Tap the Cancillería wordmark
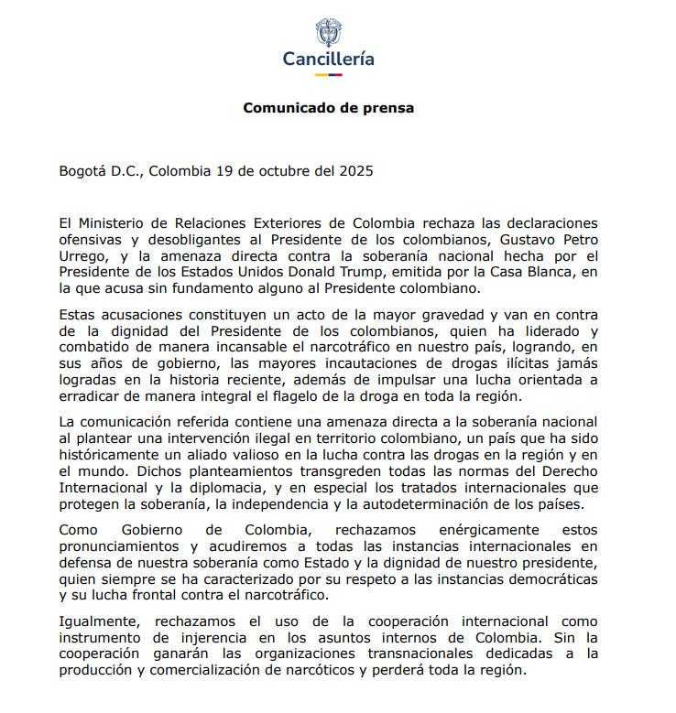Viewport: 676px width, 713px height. click(328, 59)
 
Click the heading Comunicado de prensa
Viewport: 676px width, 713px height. click(328, 108)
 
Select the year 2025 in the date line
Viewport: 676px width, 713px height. click(355, 170)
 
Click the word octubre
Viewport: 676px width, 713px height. click(285, 170)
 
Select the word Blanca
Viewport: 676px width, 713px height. click(554, 273)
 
